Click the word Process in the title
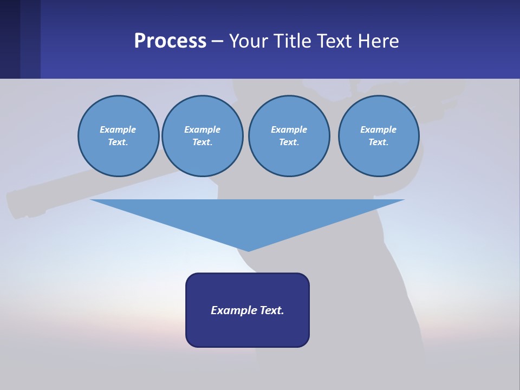click(x=170, y=41)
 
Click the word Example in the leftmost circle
click(x=118, y=129)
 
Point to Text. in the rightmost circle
click(x=378, y=142)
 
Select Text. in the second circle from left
click(x=202, y=142)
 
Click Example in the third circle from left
click(x=289, y=129)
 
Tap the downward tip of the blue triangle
click(x=248, y=249)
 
